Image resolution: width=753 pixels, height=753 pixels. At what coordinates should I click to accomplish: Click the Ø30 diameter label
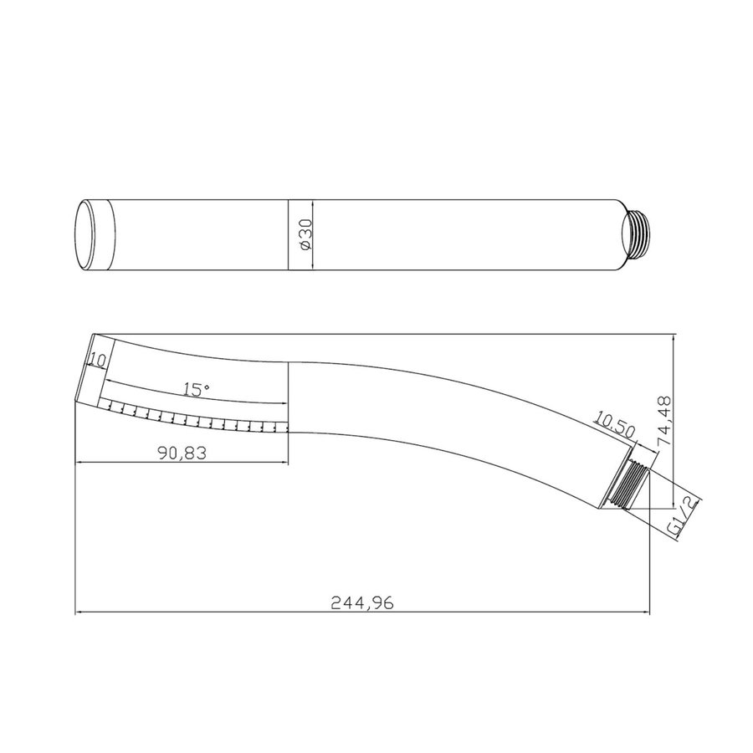[305, 235]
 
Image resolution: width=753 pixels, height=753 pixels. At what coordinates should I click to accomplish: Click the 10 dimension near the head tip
[96, 361]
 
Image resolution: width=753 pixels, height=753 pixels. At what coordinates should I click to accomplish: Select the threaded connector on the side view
[630, 484]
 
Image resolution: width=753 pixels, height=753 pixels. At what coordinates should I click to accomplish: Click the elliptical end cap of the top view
[86, 235]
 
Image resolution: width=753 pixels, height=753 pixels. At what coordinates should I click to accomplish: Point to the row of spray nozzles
[197, 416]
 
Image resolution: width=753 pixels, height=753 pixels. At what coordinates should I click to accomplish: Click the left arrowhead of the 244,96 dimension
[80, 612]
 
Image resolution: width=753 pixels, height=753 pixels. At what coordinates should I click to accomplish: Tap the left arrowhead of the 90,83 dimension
[80, 461]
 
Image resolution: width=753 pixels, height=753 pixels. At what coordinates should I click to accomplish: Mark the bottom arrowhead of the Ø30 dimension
[313, 266]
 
